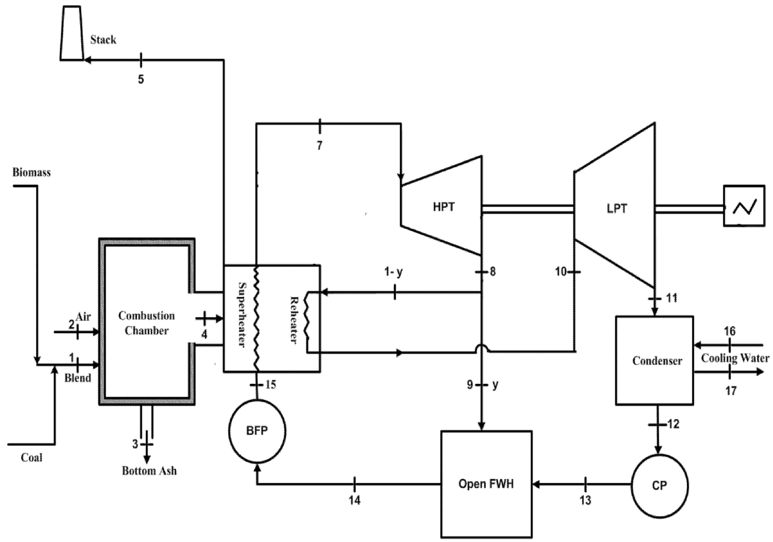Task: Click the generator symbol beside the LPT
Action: point(744,206)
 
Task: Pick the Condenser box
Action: point(654,360)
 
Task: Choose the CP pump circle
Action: point(659,486)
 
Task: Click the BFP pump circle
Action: point(256,431)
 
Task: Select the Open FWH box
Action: point(486,483)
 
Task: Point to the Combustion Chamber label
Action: point(146,323)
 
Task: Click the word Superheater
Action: point(241,314)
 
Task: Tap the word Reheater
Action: point(294,320)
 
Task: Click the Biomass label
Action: point(31,172)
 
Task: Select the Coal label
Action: point(31,457)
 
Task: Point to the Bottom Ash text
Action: point(149,470)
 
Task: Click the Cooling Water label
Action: point(735,358)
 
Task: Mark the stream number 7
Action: point(319,146)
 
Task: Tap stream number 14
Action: point(354,500)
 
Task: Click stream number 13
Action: point(585,500)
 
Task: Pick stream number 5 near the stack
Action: point(140,80)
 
